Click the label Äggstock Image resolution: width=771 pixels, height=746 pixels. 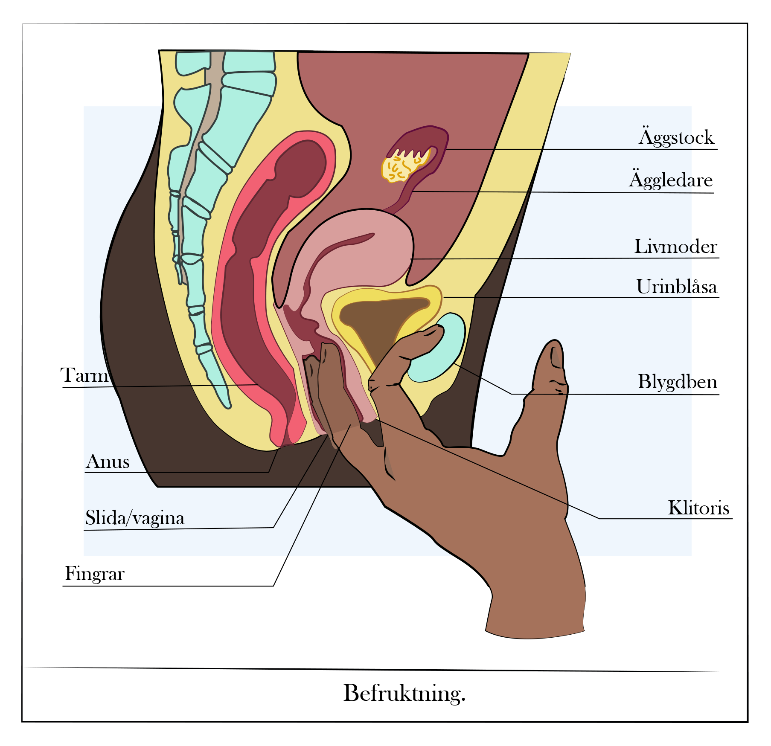pos(676,136)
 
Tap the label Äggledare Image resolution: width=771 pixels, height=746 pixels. pos(671,179)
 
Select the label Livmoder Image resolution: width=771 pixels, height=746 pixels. pos(675,247)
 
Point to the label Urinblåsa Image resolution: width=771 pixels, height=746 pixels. pos(677,286)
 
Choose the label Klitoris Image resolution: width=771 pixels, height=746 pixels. pos(698,508)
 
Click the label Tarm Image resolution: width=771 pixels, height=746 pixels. pos(84,375)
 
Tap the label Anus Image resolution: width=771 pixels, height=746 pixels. pos(108,462)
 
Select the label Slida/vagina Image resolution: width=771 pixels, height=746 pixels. pos(135,518)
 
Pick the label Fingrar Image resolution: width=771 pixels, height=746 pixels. pos(94,574)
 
